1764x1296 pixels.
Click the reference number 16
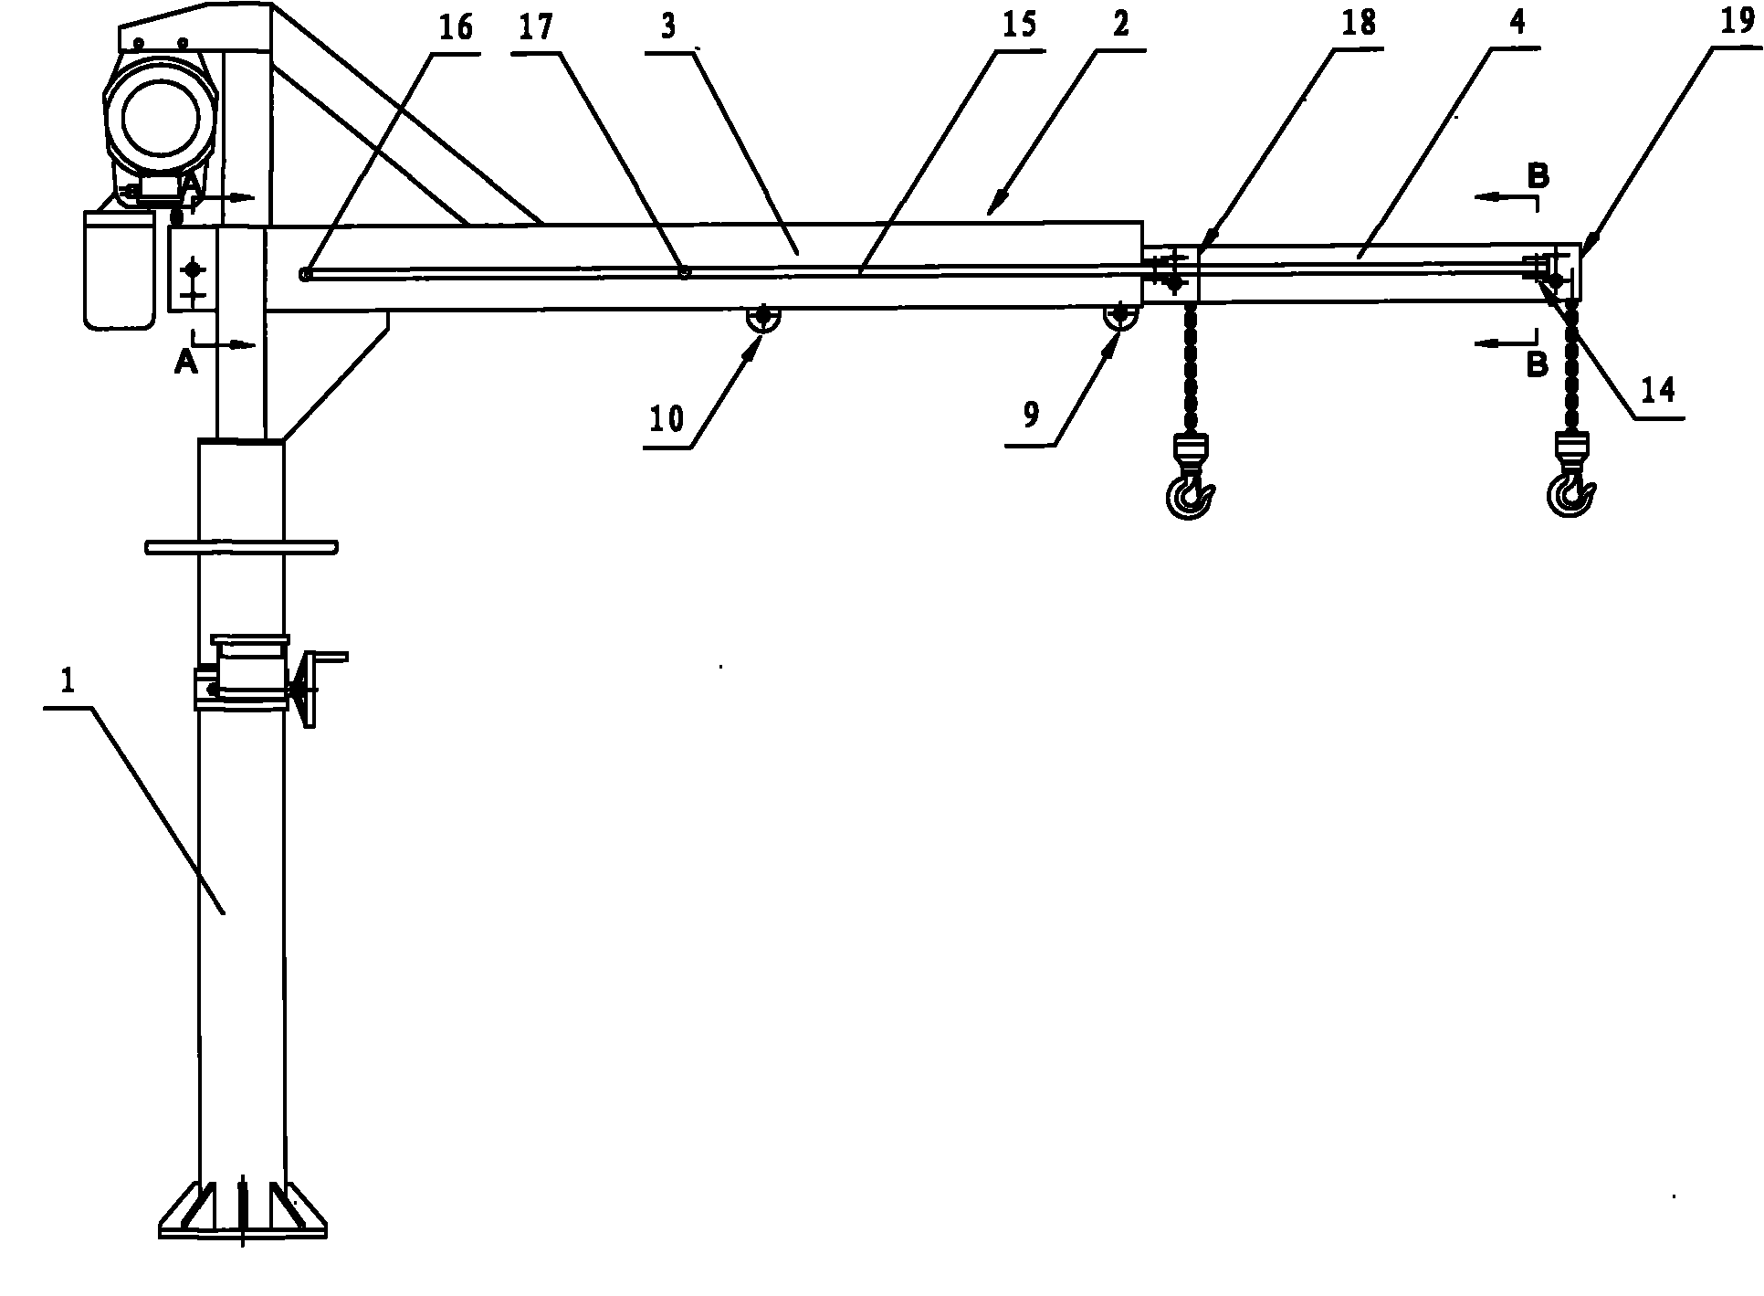[x=456, y=27]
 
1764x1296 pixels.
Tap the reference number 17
[x=536, y=26]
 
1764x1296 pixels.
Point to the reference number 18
[x=1360, y=24]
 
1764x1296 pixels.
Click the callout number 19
[x=1738, y=21]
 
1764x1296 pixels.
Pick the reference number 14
[x=1658, y=390]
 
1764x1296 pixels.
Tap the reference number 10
[x=667, y=419]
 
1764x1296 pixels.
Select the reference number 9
[x=1031, y=416]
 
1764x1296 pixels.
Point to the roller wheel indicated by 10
[x=761, y=319]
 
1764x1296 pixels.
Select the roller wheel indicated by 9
[x=1119, y=318]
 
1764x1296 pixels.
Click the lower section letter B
[x=1538, y=364]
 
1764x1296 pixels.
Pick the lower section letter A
[x=185, y=363]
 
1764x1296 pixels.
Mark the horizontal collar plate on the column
[x=242, y=547]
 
